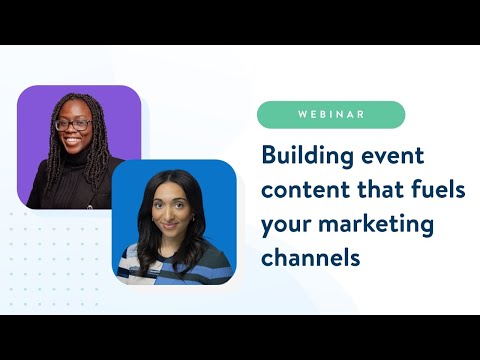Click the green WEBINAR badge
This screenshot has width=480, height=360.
pyautogui.click(x=330, y=114)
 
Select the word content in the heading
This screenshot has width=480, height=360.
pyautogui.click(x=300, y=190)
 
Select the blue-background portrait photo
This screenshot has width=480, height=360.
pyautogui.click(x=174, y=222)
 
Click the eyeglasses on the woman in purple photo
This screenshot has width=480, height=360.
pyautogui.click(x=74, y=126)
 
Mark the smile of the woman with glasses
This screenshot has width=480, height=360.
pyautogui.click(x=74, y=143)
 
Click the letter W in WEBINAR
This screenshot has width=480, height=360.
pyautogui.click(x=302, y=114)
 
